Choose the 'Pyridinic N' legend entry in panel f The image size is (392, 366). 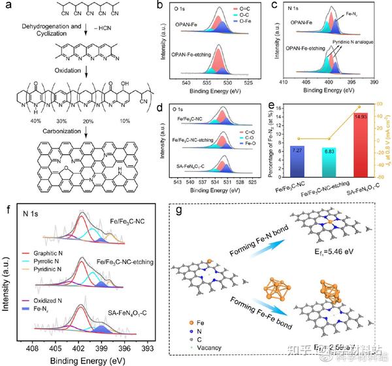54,270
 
